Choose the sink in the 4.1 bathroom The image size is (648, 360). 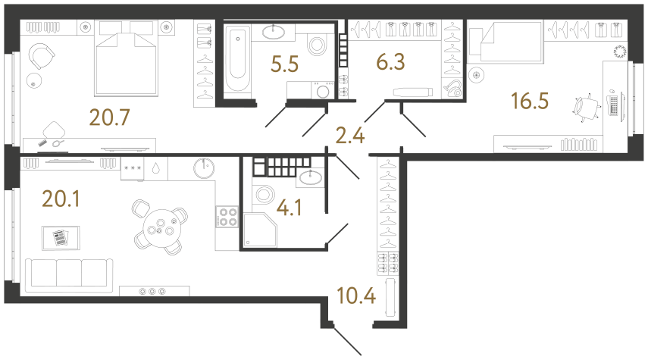310,177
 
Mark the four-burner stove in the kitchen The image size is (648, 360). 227,218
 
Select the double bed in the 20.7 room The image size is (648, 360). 126,61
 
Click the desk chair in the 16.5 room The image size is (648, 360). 584,108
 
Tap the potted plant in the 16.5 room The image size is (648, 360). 620,52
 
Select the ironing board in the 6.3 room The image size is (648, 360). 409,92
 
